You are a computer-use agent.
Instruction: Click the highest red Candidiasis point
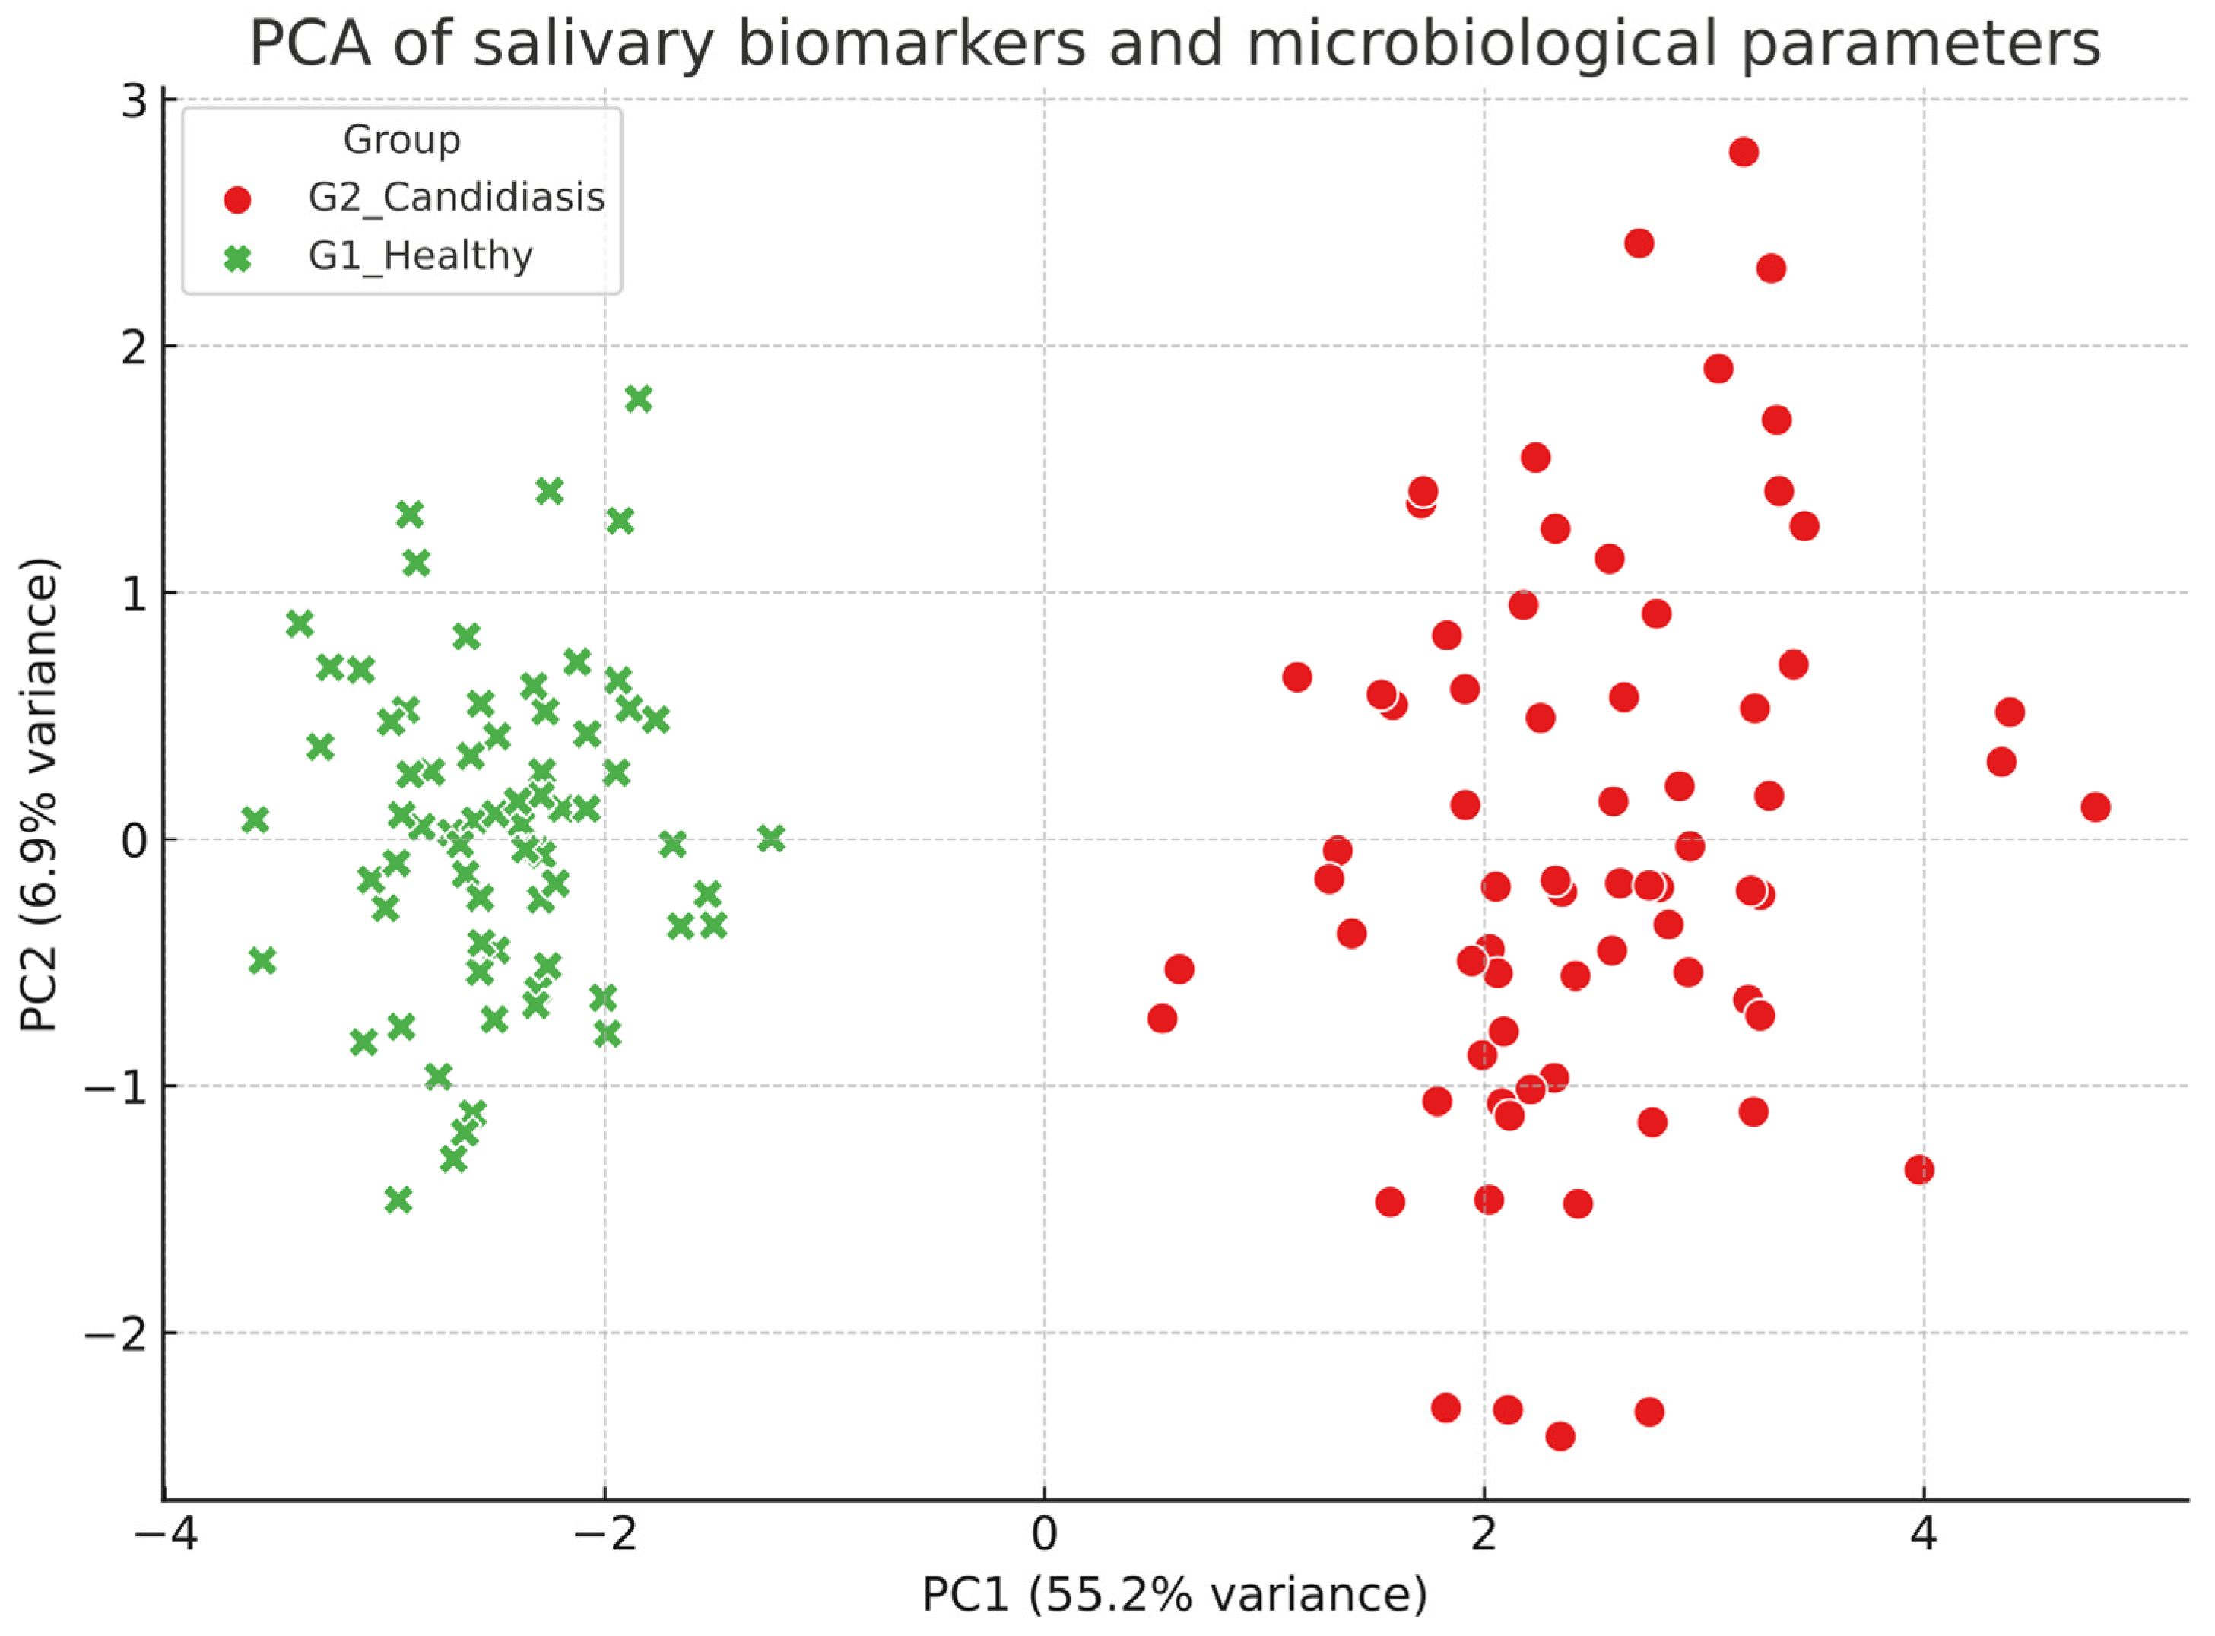(x=1744, y=153)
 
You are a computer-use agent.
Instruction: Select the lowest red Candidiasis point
(x=1560, y=1436)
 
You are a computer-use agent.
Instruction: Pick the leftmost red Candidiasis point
(x=1162, y=1018)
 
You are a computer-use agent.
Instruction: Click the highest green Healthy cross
(x=639, y=399)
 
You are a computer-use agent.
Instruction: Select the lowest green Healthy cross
(x=398, y=1200)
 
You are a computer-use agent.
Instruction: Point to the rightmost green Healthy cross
(x=772, y=839)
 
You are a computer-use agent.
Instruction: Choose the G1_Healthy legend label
(x=421, y=256)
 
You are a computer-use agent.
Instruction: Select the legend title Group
(x=401, y=140)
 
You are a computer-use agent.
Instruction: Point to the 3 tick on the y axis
(x=134, y=102)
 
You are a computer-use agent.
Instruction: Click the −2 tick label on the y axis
(x=116, y=1334)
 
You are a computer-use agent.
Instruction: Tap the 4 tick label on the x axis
(x=1924, y=1536)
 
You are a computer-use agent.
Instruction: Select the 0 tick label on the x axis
(x=1044, y=1536)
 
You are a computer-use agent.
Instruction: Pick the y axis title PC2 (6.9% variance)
(x=40, y=795)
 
